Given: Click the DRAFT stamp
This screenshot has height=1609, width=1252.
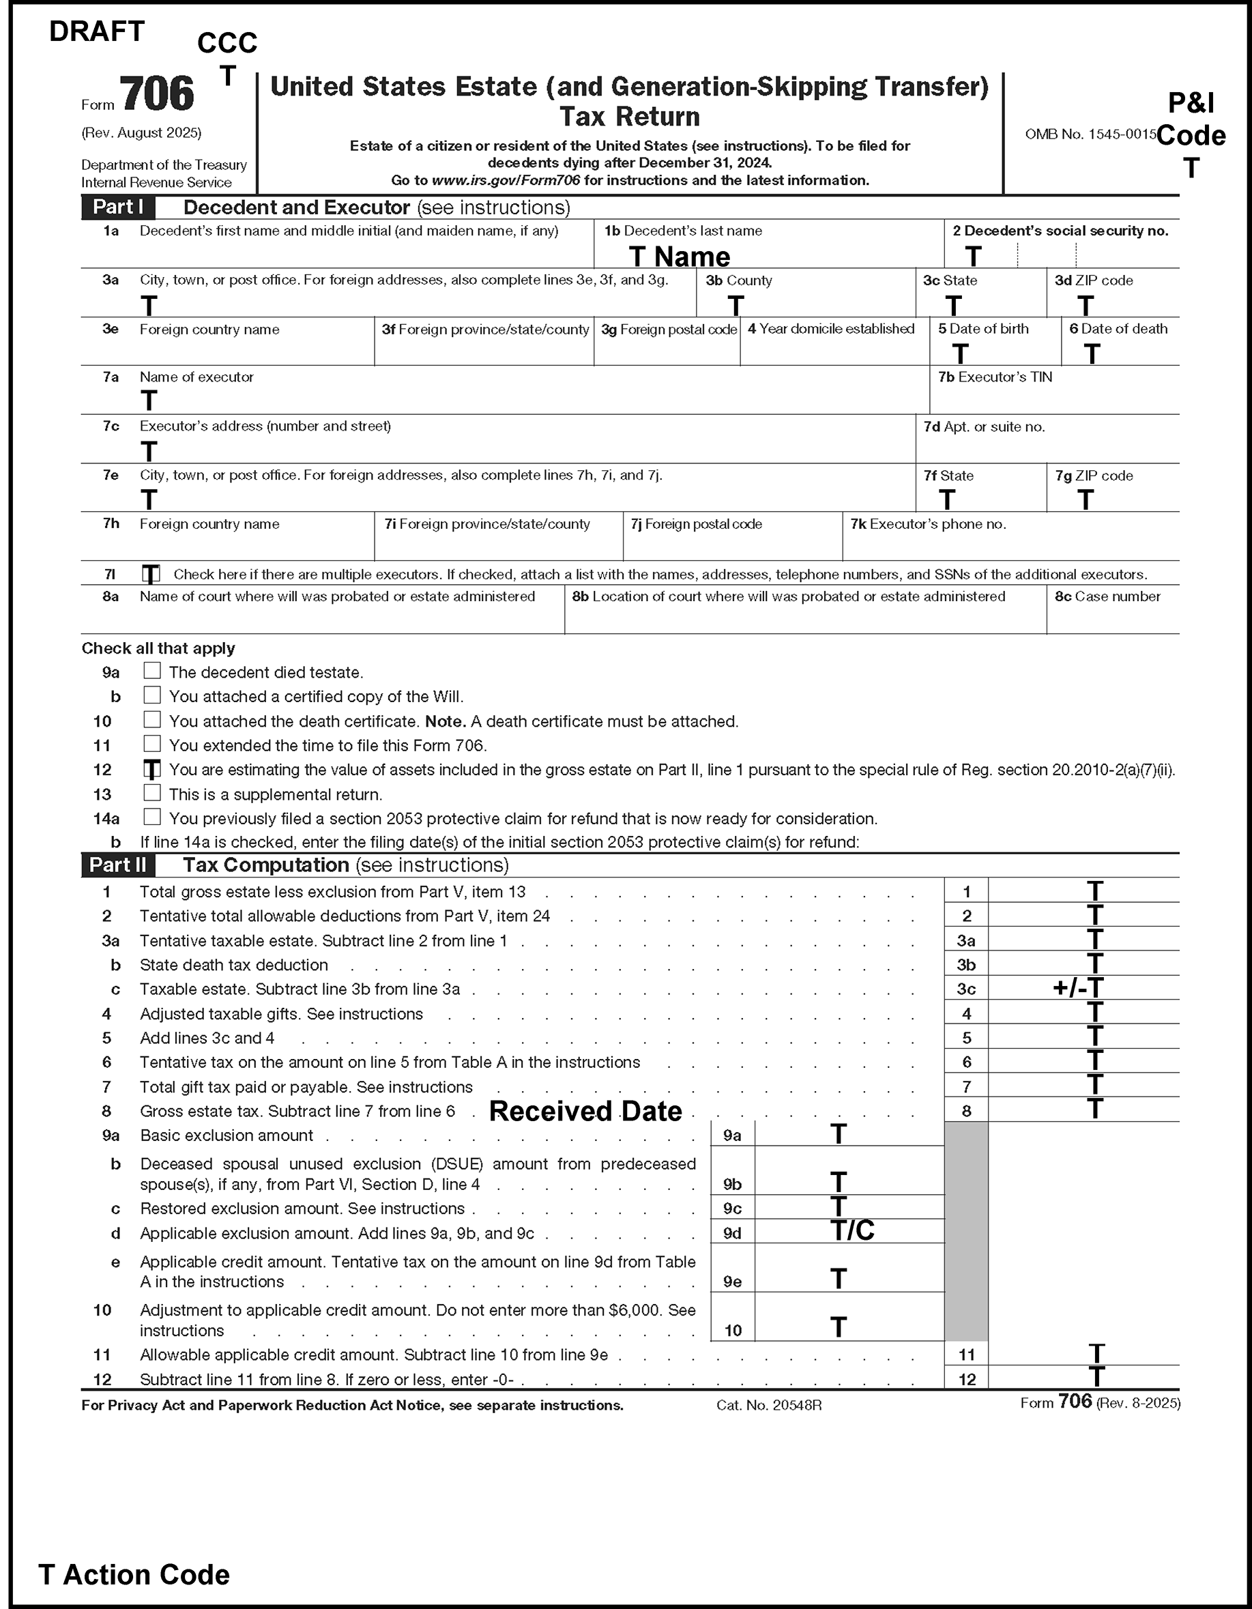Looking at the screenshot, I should (x=96, y=31).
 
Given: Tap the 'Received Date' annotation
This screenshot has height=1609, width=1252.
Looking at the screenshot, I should (x=585, y=1111).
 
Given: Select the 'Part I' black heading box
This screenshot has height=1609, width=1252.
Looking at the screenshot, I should (x=118, y=207).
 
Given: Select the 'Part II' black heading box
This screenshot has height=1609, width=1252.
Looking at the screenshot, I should (x=118, y=865).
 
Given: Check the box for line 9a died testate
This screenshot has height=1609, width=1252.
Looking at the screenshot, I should (x=151, y=671).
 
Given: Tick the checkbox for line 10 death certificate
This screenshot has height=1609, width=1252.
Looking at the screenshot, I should (x=151, y=720).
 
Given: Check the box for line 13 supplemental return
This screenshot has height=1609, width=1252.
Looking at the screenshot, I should (x=151, y=794).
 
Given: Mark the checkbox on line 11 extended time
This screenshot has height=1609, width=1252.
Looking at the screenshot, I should (x=151, y=744).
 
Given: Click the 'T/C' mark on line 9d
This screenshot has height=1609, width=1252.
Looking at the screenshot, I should (x=852, y=1230).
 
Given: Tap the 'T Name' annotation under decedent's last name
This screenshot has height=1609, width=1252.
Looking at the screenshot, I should (x=679, y=257).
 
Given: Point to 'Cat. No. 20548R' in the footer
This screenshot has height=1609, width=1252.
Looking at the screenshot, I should (x=768, y=1406).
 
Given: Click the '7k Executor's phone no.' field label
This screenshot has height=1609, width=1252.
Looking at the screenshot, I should (x=928, y=525).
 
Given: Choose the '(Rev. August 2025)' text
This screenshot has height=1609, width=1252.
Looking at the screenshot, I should (x=141, y=132).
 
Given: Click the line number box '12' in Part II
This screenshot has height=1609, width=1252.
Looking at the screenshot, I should (x=966, y=1379).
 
